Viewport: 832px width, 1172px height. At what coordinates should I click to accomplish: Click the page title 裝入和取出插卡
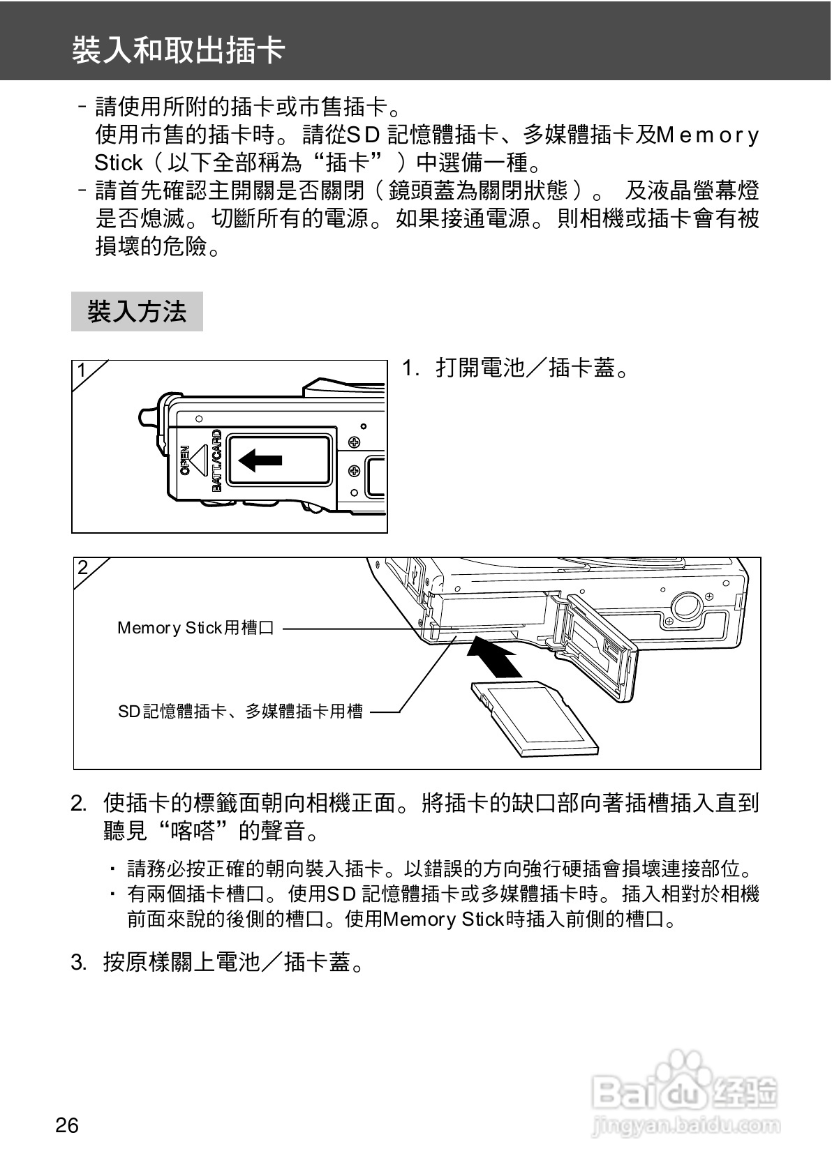(x=179, y=50)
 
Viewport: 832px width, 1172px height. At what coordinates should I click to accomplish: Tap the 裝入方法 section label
(x=137, y=312)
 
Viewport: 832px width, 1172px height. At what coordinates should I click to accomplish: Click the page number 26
(x=67, y=1125)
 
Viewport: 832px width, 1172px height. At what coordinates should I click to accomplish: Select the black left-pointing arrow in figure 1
(x=260, y=460)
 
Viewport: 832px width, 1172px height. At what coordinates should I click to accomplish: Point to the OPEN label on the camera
(x=185, y=460)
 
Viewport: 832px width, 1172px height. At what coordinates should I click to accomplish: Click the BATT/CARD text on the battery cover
(x=217, y=460)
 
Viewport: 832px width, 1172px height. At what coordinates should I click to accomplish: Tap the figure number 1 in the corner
(x=82, y=370)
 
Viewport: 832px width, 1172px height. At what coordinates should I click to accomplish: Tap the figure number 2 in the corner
(x=83, y=567)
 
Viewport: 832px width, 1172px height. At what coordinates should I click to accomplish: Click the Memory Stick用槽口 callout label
(x=195, y=628)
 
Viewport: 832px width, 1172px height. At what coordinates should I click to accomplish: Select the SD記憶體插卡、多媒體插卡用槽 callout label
(x=240, y=711)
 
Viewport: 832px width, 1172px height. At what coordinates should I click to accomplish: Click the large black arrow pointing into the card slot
(x=494, y=656)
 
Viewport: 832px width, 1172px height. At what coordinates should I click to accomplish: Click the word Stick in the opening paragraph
(x=119, y=163)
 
